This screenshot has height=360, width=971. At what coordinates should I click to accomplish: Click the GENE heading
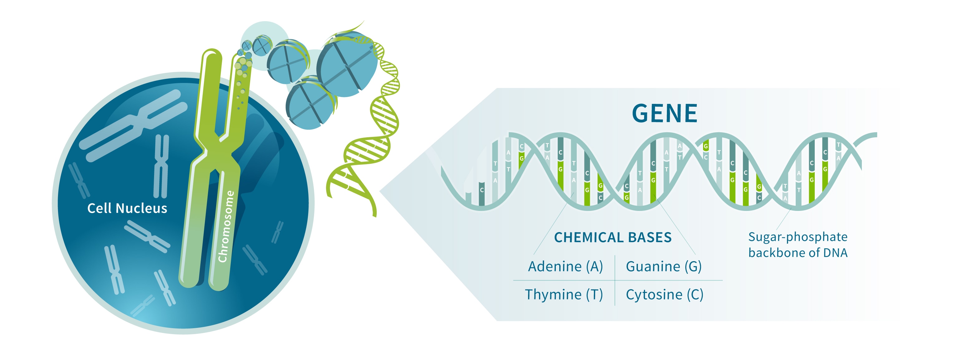665,113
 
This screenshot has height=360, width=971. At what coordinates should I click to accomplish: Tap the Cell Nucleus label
127,208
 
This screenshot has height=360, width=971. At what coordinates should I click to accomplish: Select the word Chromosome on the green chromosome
226,226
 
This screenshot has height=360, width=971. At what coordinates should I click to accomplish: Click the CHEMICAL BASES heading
613,237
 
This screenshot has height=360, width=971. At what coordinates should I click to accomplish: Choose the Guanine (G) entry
664,266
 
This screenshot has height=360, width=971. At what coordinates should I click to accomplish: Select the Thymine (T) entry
564,294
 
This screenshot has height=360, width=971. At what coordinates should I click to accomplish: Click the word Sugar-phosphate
798,237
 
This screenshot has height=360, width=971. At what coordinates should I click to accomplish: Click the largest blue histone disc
347,64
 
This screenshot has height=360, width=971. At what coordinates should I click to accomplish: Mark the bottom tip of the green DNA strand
375,216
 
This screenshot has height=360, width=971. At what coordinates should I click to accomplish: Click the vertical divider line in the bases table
615,280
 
